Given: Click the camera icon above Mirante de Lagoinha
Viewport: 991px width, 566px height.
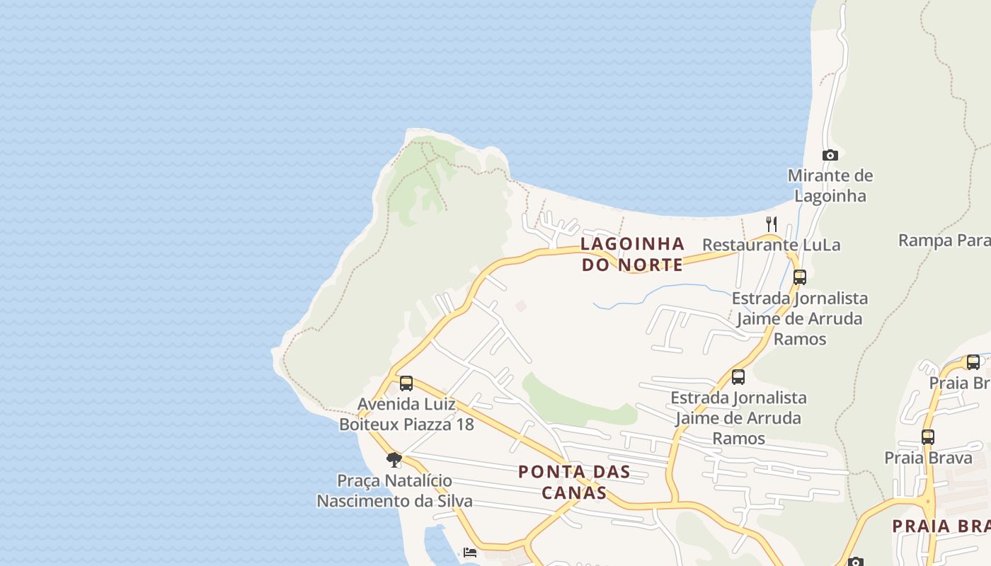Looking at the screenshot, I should (x=830, y=155).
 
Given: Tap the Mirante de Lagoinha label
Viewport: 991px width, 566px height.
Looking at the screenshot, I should (x=830, y=185).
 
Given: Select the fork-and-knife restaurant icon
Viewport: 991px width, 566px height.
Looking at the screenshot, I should (x=772, y=224).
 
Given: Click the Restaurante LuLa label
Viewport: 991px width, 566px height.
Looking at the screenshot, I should (x=771, y=245).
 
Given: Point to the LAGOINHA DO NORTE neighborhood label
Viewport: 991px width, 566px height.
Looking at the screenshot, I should (x=632, y=254).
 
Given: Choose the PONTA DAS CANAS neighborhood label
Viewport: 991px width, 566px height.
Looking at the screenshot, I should (x=574, y=482).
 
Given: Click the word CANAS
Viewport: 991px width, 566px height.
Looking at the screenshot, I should (x=574, y=492).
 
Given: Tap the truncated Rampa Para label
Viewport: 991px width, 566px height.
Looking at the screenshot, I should (x=944, y=241).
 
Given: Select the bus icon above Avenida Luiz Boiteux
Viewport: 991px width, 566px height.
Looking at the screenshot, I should (x=406, y=383).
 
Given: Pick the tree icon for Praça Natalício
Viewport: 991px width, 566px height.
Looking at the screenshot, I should (x=394, y=460).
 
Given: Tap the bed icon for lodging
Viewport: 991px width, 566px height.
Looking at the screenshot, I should (x=470, y=553).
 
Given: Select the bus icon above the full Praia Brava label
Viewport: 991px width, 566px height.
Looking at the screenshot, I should (x=928, y=437).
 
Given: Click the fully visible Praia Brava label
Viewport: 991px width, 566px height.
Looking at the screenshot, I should (x=928, y=458).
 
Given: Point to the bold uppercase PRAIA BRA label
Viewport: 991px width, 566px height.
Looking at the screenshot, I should (x=941, y=526).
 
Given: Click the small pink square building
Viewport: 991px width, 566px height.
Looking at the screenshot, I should (x=521, y=306).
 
